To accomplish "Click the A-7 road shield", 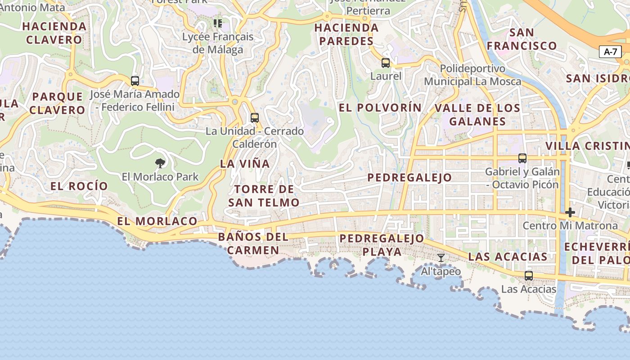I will coord(610,52).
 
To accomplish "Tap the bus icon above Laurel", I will coord(386,63).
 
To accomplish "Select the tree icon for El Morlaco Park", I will coord(160,163).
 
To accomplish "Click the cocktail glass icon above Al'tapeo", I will coord(441,258).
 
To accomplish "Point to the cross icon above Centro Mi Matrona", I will coord(570,212).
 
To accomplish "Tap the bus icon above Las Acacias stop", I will coord(529,275).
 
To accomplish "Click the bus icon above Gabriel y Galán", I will coord(522,158).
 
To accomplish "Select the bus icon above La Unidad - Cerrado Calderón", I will coord(255,118).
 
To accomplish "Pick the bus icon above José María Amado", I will coord(135,81).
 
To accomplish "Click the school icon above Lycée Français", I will coord(218,23).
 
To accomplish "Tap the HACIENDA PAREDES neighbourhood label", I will coord(346,34).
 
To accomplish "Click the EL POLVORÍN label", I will coord(380,108).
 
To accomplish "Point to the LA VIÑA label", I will coord(245,164).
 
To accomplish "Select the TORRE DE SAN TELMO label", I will coord(264,196).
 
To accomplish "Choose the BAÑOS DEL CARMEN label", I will coord(253,243).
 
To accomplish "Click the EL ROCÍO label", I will coord(79,186).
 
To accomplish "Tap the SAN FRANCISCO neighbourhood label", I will coord(522,39).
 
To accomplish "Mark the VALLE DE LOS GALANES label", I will coord(477,115).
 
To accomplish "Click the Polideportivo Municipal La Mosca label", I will coord(472,75).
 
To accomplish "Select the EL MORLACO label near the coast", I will coord(157,221).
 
